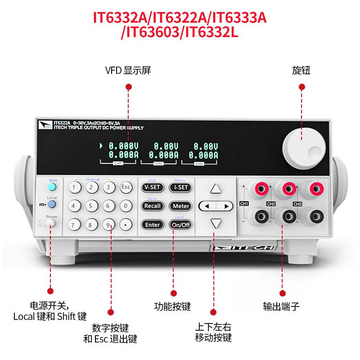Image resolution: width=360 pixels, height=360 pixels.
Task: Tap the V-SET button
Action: click(x=152, y=188)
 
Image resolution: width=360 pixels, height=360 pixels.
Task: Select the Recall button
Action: click(x=152, y=206)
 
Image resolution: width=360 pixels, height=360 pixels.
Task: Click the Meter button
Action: click(x=180, y=206)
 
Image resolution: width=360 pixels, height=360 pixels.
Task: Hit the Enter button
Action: click(x=152, y=225)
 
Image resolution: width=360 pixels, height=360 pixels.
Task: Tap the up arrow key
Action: click(x=216, y=189)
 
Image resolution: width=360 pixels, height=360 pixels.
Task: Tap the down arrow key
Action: click(x=216, y=223)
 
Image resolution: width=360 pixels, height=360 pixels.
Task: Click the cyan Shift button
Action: click(x=53, y=187)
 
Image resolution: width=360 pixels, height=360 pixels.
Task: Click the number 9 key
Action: click(x=108, y=224)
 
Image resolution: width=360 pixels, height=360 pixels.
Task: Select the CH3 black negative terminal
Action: click(x=312, y=215)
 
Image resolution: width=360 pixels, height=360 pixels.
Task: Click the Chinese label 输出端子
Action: click(x=281, y=307)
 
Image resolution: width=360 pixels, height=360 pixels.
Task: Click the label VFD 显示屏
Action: click(x=128, y=71)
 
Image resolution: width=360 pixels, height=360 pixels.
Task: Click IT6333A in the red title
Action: click(x=239, y=18)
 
